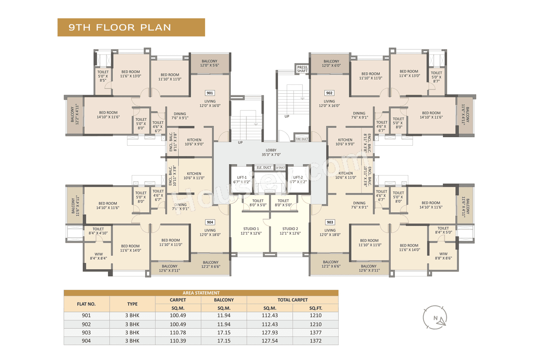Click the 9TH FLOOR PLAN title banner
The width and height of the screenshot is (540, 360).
[x=131, y=27]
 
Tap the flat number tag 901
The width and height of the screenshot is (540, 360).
[x=210, y=93]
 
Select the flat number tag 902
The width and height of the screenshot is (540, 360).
[x=329, y=93]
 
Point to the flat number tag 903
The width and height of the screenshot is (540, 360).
[x=329, y=222]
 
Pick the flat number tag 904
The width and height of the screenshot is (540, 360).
[x=210, y=222]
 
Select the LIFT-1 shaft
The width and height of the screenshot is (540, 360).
[x=242, y=180]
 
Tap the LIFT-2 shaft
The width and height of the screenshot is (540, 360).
[x=298, y=180]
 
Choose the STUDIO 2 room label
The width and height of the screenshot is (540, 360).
[x=290, y=231]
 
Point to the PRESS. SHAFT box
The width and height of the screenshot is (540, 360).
[x=302, y=69]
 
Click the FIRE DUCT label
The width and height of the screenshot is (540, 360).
[x=302, y=138]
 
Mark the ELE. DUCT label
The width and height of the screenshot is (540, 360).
[x=264, y=168]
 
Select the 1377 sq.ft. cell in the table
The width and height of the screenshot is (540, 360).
[x=315, y=333]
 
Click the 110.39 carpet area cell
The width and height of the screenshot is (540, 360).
[x=178, y=341]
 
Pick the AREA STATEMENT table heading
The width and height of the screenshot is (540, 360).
[x=201, y=293]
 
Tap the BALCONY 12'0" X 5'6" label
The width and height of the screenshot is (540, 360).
[x=210, y=63]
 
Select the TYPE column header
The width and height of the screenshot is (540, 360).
[x=132, y=304]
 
